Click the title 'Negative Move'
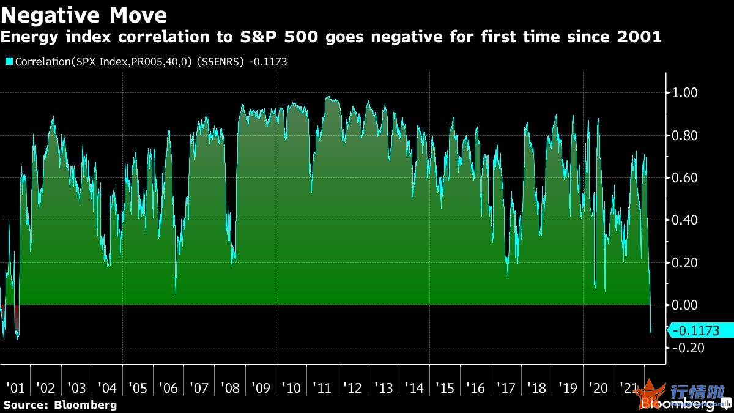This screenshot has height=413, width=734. point(84,14)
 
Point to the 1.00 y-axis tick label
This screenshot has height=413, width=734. point(685,93)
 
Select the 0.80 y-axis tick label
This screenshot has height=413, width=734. point(685,136)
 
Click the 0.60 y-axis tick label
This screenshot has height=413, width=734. point(685,178)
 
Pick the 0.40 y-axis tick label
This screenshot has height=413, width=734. point(685,220)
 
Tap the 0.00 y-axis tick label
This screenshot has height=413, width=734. point(685,305)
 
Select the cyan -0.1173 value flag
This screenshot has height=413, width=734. point(700,331)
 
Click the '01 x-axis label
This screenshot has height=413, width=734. point(15,388)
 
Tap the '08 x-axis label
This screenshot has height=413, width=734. point(229,388)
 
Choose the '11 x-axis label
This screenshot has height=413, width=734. point(322,388)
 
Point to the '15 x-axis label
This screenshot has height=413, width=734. point(445,388)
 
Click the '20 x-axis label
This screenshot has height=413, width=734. point(598,388)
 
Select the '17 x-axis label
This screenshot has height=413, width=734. point(506,388)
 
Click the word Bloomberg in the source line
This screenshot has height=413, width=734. point(85,405)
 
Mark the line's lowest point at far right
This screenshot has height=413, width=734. point(651,333)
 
